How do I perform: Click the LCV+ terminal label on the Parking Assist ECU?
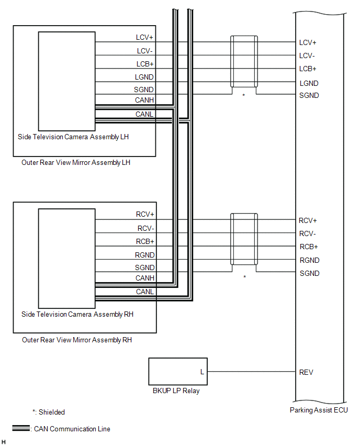coord(308,42)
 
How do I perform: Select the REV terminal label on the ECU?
coord(306,372)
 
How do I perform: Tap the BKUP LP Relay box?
coord(178,372)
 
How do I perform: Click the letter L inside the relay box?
coord(202,372)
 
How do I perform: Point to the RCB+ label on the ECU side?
coord(309,247)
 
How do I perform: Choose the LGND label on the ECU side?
coord(309,83)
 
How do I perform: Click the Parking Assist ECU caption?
coord(319,410)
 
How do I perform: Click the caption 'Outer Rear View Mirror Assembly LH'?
coord(76,162)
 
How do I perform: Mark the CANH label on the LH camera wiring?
coord(144,101)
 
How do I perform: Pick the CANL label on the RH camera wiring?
coord(145,292)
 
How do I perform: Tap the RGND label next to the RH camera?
coord(145,255)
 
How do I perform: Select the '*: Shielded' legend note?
coord(48,412)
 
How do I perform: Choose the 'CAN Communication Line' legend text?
coord(72,429)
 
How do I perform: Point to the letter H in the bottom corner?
coord(4,442)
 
